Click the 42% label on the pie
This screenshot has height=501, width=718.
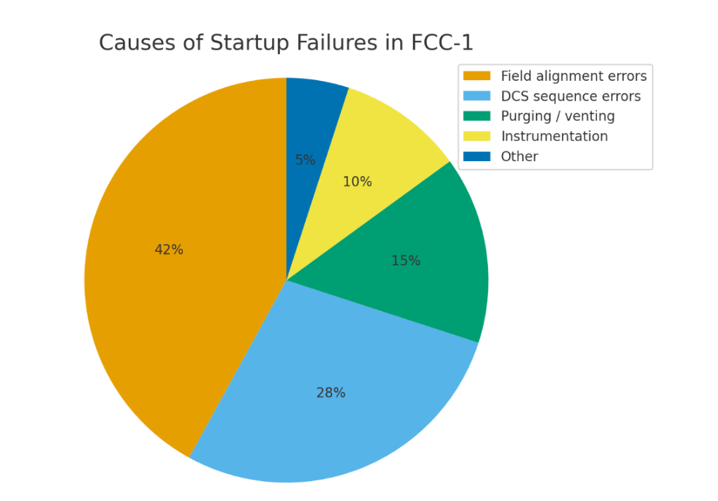169,250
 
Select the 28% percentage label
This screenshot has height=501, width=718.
331,393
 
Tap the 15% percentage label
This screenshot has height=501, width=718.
406,261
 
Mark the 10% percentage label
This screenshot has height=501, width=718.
357,182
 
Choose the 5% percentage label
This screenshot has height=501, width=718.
305,160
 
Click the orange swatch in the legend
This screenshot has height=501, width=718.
476,76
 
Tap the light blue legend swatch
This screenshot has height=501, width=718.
476,96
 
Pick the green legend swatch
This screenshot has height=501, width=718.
476,116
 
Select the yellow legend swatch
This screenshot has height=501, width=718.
476,137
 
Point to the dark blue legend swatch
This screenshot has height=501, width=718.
476,156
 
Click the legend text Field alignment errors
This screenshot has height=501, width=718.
573,76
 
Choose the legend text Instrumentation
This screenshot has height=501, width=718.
554,137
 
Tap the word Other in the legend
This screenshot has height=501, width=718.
519,156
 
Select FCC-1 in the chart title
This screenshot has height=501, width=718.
443,43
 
